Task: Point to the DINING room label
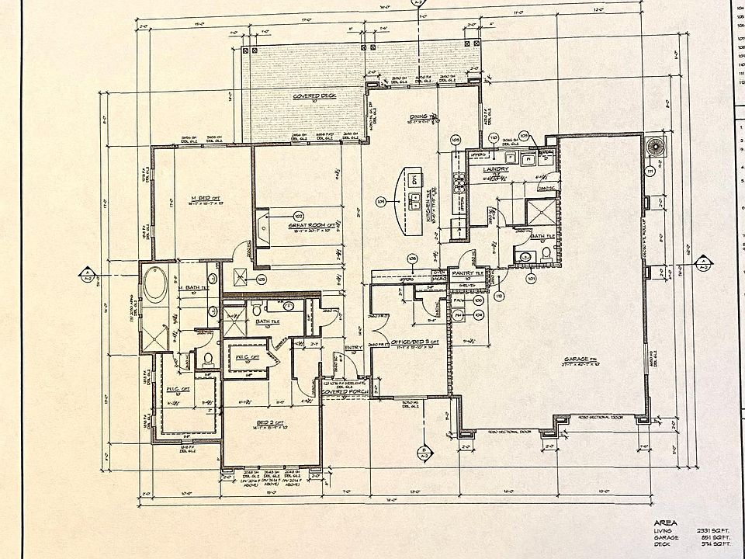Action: (x=423, y=116)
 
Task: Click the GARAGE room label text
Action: (x=580, y=359)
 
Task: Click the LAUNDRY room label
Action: (x=495, y=168)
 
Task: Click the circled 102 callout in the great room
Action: (x=297, y=215)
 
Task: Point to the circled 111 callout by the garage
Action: (x=650, y=170)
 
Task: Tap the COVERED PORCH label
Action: (x=345, y=392)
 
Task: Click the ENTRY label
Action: (x=353, y=348)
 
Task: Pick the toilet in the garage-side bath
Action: (x=546, y=254)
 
